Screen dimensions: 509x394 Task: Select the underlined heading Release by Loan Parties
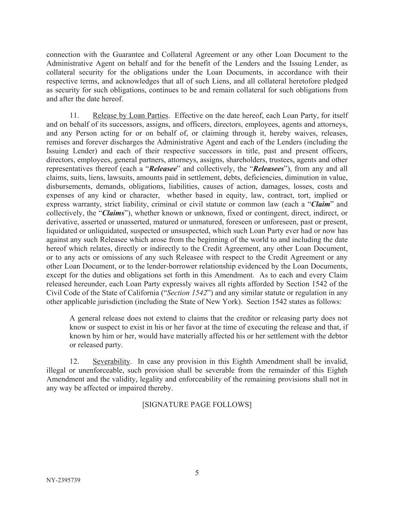tap(130, 116)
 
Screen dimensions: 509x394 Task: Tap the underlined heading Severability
tap(111, 362)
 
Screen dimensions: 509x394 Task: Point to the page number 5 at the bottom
tap(197, 473)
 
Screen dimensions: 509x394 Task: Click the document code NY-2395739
tap(63, 480)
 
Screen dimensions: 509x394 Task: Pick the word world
tap(271, 240)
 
